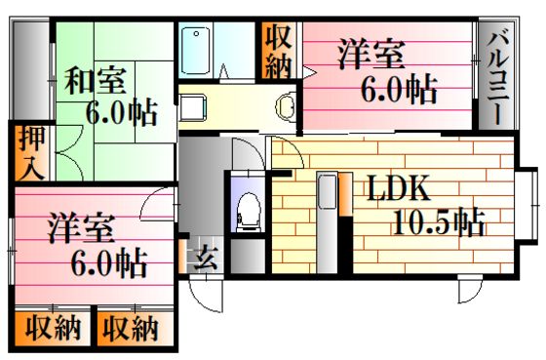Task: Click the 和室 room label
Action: click(95, 81)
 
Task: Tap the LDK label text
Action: click(399, 188)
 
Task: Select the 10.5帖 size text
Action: click(439, 222)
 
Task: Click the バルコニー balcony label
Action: click(497, 79)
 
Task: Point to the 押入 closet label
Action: click(32, 152)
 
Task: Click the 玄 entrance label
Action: click(206, 259)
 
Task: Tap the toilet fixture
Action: click(249, 212)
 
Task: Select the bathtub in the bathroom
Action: click(196, 52)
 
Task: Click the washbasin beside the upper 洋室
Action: click(285, 106)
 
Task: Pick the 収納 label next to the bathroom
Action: click(279, 52)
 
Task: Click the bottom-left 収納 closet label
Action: click(53, 328)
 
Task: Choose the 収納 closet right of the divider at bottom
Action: click(131, 328)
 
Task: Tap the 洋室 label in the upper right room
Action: click(371, 55)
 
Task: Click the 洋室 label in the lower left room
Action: click(82, 228)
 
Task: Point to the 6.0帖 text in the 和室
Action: click(121, 112)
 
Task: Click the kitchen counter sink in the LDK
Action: click(328, 191)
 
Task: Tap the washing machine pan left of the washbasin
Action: click(192, 107)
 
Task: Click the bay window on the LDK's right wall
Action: click(527, 205)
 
